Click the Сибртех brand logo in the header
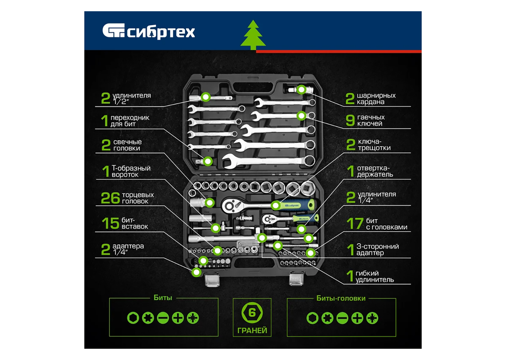pos(148,31)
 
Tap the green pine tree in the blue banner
pos(253,35)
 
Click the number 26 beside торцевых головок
pos(110,198)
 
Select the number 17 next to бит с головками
pos(355,224)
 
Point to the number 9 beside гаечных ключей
pos(350,120)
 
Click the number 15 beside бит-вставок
pos(110,223)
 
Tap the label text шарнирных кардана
pos(376,98)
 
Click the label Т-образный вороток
pos(131,171)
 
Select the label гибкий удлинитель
pos(375,276)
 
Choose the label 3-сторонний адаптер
pos(377,250)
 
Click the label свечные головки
pos(128,145)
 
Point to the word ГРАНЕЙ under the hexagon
pos(252,330)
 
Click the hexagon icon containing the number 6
pos(252,313)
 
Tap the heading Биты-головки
pos(341,298)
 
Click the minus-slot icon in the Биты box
pos(163,318)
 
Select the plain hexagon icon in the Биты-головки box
pos(312,318)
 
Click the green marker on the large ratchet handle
pos(276,205)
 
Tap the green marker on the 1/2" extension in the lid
pos(206,97)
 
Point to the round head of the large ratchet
pos(229,206)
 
